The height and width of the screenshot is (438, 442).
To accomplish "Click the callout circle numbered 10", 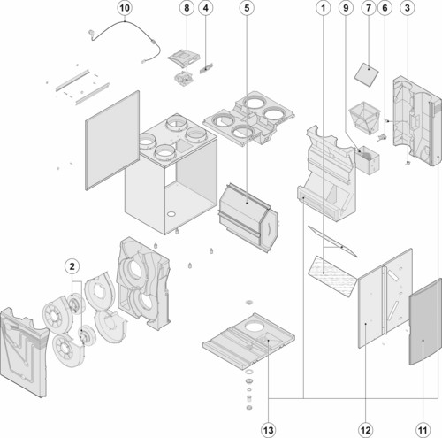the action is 125,8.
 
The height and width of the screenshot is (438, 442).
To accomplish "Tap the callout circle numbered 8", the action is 187,8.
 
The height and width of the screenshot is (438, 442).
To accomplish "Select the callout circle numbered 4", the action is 206,8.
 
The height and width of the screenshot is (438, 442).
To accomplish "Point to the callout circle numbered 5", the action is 247,8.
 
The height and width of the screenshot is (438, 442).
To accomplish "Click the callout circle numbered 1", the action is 324,8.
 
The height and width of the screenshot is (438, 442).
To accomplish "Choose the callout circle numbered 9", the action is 346,8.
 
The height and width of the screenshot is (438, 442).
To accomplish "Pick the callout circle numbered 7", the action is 369,8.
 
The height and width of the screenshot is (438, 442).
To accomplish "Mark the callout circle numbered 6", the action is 385,8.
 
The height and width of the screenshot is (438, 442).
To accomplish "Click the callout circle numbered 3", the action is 408,8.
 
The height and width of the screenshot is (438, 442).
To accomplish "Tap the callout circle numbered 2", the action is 72,266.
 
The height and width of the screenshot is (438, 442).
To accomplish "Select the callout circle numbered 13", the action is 269,430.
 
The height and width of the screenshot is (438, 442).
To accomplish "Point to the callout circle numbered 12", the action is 365,430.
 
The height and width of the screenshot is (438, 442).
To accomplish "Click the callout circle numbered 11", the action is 423,430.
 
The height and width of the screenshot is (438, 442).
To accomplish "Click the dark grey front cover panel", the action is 425,321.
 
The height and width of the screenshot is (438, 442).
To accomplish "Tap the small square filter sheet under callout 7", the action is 366,74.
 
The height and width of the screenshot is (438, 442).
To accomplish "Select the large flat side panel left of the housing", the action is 112,141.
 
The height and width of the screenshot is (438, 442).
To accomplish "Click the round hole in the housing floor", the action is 171,213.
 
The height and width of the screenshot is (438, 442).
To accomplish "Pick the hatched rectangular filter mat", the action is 332,276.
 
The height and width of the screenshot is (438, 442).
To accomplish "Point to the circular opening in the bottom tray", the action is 255,327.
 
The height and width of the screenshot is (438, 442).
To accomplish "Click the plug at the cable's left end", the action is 92,34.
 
